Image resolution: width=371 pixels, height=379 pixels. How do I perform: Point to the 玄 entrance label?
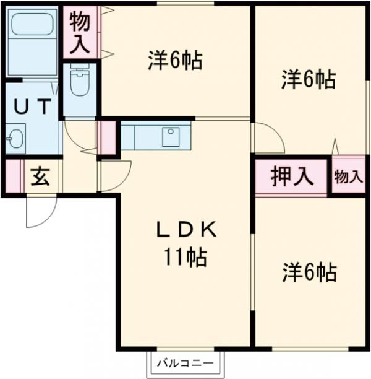pyautogui.click(x=40, y=177)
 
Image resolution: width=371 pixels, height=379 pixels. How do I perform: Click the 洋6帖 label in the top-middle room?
pyautogui.click(x=176, y=60)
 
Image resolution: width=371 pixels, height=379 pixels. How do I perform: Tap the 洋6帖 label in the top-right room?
pyautogui.click(x=309, y=79)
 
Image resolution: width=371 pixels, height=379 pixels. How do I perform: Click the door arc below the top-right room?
pyautogui.click(x=267, y=139)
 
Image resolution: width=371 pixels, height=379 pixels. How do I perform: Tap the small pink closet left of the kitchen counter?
pyautogui.click(x=108, y=137)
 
